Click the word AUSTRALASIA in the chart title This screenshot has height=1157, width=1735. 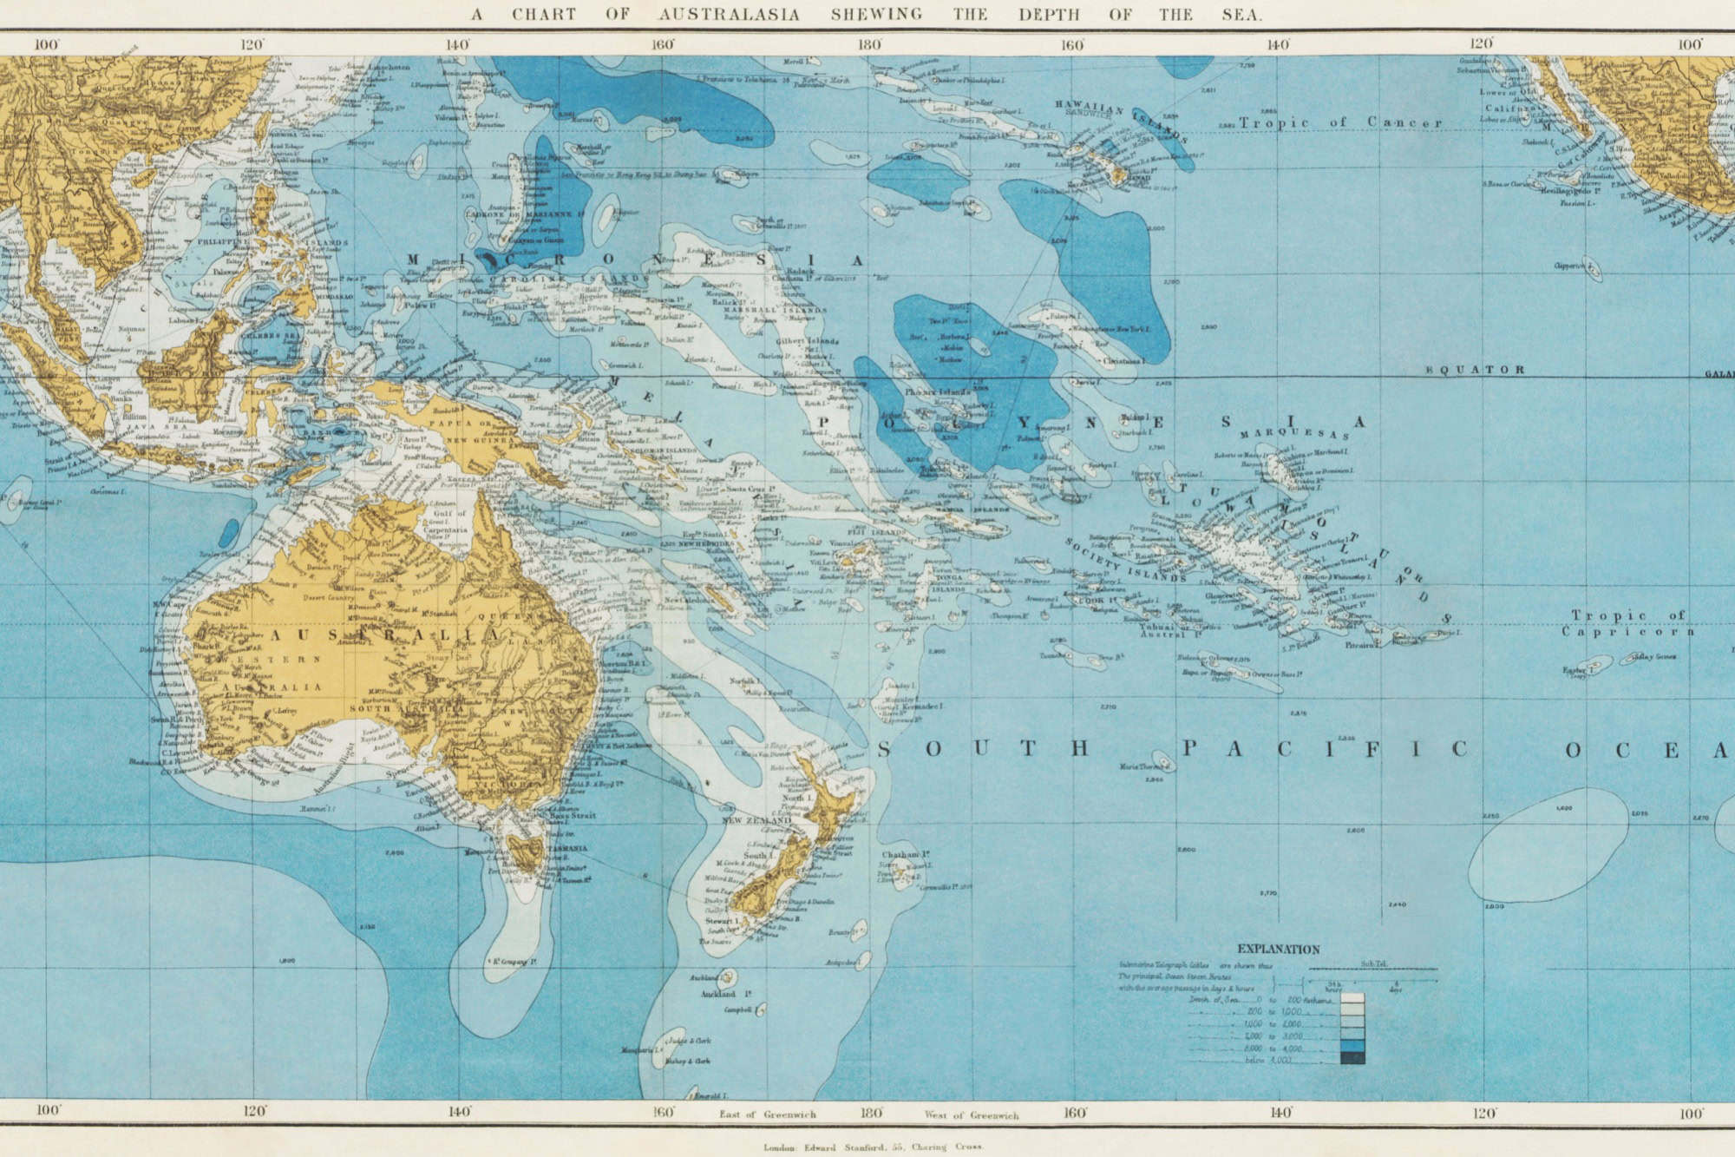(729, 15)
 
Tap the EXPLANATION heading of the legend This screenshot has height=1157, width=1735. (1278, 950)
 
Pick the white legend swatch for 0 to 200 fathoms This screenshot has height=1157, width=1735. (1352, 999)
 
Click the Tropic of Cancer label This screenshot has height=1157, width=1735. (1340, 122)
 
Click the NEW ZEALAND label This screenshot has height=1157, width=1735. (757, 820)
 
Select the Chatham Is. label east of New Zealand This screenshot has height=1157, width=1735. (906, 855)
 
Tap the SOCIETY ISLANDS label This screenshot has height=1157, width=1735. (1125, 560)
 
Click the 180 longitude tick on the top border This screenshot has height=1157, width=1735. (869, 44)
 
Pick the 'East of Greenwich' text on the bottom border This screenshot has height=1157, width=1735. (767, 1114)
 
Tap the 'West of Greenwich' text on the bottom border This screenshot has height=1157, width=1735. (972, 1114)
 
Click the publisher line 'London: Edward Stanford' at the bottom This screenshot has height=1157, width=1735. (872, 1147)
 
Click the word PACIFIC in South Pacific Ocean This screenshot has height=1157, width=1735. (1325, 749)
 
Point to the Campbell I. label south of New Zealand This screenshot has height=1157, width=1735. (739, 1010)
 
